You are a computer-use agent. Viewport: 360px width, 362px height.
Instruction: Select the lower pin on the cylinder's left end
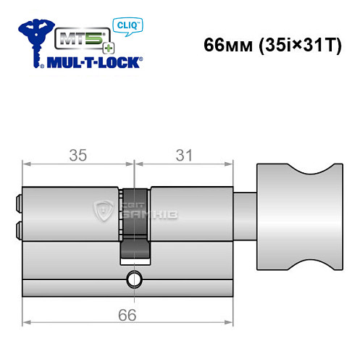(18, 231)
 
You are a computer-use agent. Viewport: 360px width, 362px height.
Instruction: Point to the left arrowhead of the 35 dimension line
(27, 164)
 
